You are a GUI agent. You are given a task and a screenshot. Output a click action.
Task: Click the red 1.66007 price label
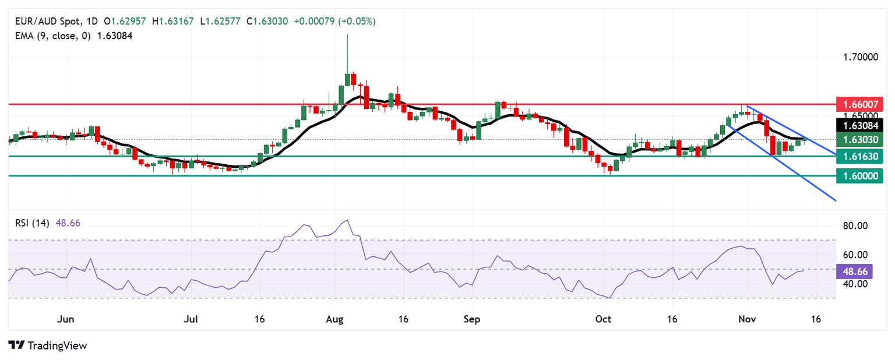[x=859, y=104]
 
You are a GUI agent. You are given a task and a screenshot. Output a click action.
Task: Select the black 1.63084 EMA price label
[x=859, y=125]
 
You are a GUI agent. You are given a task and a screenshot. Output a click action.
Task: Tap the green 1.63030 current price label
[x=859, y=139]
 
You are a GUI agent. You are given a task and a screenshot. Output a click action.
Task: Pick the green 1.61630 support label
[x=859, y=156]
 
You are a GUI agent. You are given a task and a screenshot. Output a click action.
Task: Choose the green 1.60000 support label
[x=859, y=175]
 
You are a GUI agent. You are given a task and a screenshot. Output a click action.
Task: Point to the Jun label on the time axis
[x=66, y=319]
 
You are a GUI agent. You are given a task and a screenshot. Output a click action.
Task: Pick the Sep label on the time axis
[x=472, y=319]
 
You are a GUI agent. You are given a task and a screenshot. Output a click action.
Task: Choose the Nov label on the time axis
[x=746, y=319]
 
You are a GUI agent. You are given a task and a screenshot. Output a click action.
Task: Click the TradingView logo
[x=48, y=345]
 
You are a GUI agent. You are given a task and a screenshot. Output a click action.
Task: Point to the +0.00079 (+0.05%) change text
[x=334, y=22]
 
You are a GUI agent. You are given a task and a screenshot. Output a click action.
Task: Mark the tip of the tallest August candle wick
[x=347, y=34]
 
